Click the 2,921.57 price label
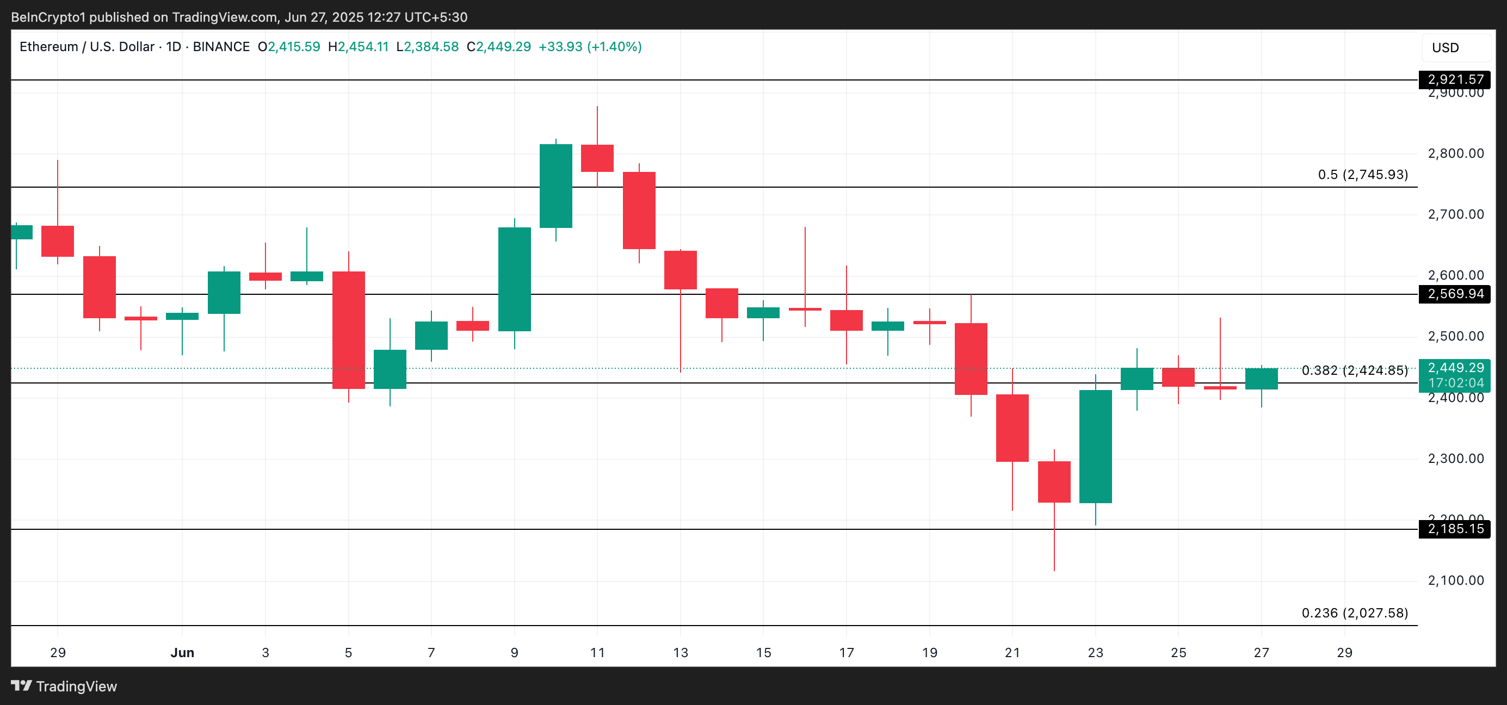pos(1455,79)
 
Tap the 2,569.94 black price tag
pos(1455,294)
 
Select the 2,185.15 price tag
pos(1455,529)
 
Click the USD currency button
pos(1445,48)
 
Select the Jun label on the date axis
pos(182,652)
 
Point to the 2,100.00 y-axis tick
pos(1455,580)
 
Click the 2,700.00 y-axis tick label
pos(1455,214)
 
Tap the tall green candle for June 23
pos(1095,447)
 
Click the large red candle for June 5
pos(349,330)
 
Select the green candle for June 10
pos(556,186)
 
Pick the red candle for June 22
pos(1054,481)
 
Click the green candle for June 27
pos(1261,379)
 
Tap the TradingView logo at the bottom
pos(64,687)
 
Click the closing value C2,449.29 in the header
pos(498,47)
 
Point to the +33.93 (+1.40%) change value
pos(590,47)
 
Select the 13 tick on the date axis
pos(681,652)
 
